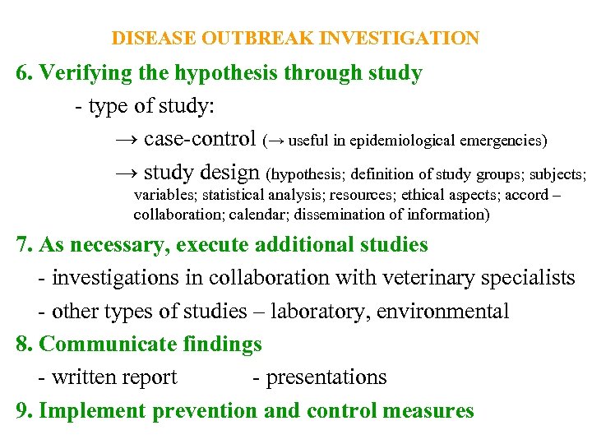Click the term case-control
coord(200,139)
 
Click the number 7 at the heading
coord(22,245)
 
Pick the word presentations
coord(326,377)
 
